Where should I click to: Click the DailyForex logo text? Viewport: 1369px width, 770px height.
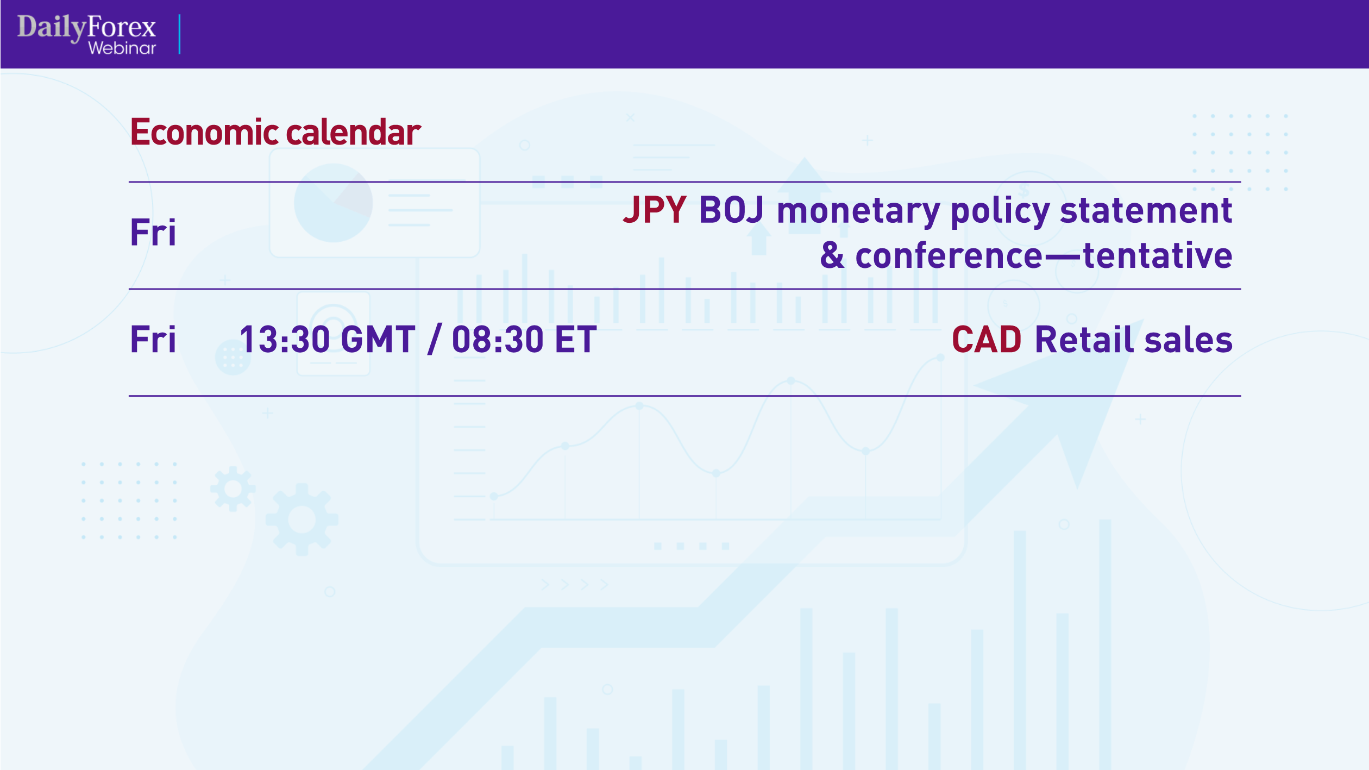pos(86,27)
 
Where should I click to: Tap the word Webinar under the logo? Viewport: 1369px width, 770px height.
pos(122,48)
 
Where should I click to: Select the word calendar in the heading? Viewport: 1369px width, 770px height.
pos(353,132)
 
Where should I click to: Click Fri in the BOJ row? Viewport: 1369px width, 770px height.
pos(153,233)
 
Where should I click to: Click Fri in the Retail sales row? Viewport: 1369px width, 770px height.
pos(153,340)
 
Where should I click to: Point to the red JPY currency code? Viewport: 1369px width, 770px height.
pos(655,210)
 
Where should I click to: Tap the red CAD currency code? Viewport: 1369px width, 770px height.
pos(987,340)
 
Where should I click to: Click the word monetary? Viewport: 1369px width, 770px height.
pos(858,211)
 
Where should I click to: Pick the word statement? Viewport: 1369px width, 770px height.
pos(1146,211)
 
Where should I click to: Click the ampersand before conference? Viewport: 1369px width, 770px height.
pos(832,255)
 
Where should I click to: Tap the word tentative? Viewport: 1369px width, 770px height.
pos(1157,255)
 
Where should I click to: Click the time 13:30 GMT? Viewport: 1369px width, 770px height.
pos(328,340)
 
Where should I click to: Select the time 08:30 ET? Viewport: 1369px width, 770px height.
pos(524,340)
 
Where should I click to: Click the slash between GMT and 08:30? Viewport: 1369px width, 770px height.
pos(435,340)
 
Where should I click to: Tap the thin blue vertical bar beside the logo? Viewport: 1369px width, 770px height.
pos(179,34)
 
